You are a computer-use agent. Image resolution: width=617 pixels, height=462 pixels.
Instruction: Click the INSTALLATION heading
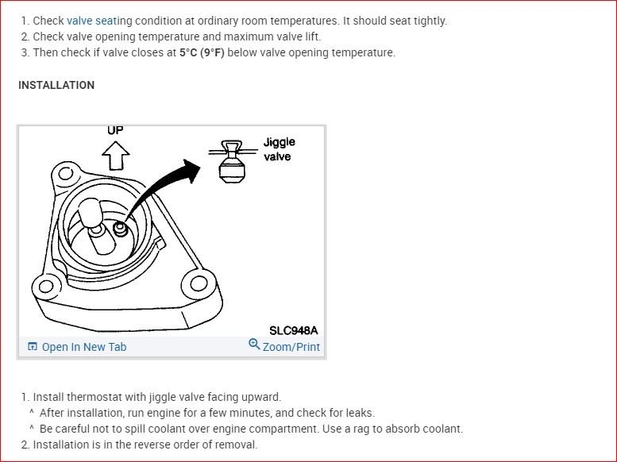click(x=56, y=85)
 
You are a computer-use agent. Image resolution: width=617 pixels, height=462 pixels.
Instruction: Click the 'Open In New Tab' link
click(x=83, y=347)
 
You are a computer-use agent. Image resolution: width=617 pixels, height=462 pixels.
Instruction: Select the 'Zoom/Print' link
click(x=291, y=347)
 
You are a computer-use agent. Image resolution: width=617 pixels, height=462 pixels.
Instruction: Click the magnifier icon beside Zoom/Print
click(x=254, y=345)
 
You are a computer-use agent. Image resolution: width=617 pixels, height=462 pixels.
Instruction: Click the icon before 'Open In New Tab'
click(x=33, y=347)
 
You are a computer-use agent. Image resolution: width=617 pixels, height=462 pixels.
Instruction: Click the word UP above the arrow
click(x=115, y=130)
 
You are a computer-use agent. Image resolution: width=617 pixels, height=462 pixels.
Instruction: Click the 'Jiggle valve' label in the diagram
click(x=279, y=149)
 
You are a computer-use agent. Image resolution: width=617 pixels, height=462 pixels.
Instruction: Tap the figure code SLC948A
click(x=293, y=330)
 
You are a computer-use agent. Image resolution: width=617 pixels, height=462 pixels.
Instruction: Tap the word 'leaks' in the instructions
click(x=357, y=413)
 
